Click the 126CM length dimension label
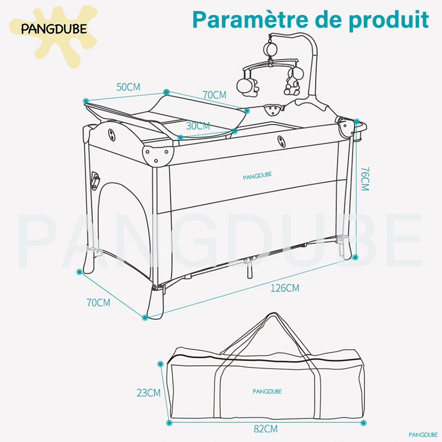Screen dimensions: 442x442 click(x=285, y=288)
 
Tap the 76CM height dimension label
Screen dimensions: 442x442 click(x=364, y=179)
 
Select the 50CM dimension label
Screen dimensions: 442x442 click(x=128, y=87)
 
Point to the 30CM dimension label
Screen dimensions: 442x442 click(x=198, y=126)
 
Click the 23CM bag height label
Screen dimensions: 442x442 click(x=149, y=392)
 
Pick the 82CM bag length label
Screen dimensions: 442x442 click(x=266, y=428)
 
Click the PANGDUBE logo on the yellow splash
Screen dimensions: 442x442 click(x=54, y=30)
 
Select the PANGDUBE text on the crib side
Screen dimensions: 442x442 click(x=257, y=175)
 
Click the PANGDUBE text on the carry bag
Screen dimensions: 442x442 click(x=267, y=391)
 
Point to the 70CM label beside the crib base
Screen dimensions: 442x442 click(x=98, y=303)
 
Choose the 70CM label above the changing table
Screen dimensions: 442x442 click(x=214, y=95)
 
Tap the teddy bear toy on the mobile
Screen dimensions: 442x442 click(x=291, y=84)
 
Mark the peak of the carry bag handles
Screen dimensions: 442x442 click(x=272, y=315)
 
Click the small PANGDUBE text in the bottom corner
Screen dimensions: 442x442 click(x=423, y=434)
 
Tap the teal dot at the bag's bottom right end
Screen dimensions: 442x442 click(x=363, y=423)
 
